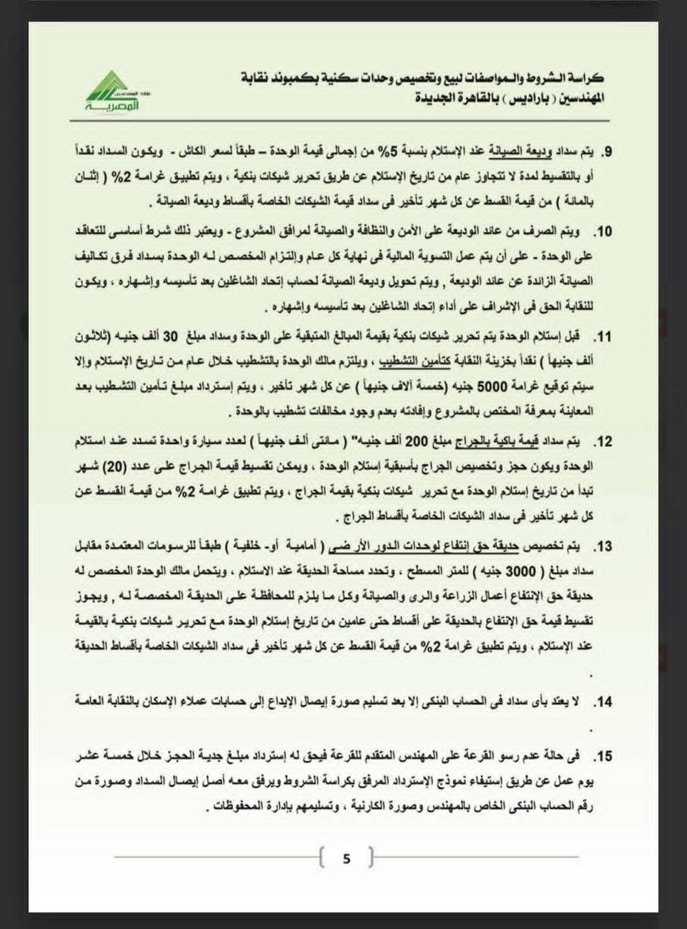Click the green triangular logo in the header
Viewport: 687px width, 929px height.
pos(112,91)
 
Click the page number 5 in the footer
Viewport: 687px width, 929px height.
pos(346,858)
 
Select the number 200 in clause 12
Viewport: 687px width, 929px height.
pos(397,440)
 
